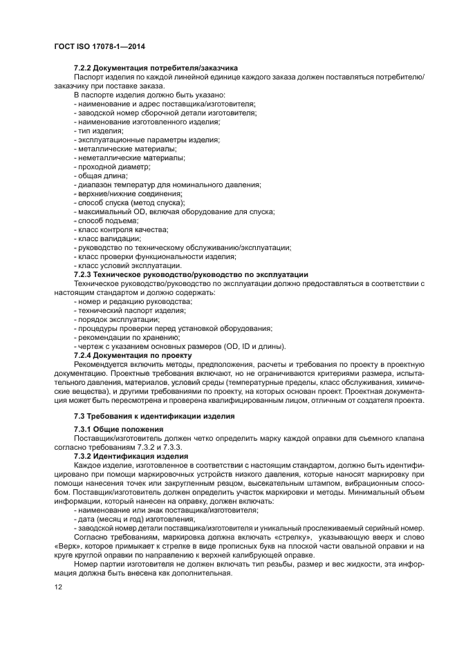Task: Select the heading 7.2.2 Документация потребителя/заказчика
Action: tap(156, 68)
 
